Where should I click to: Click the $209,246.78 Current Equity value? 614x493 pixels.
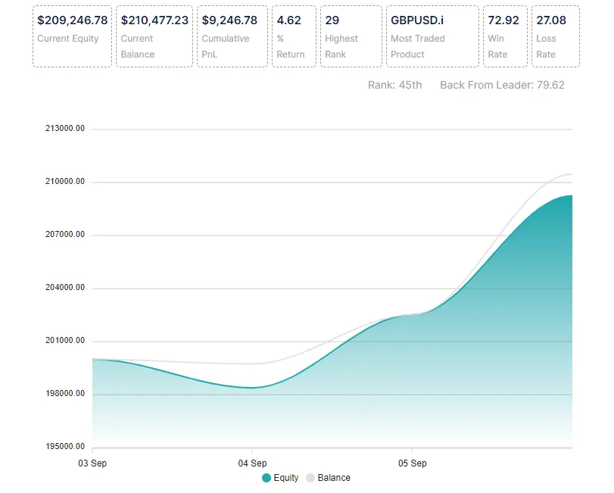pyautogui.click(x=72, y=20)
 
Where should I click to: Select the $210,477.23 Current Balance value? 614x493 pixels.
pyautogui.click(x=154, y=20)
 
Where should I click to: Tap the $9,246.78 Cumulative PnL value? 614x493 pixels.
pyautogui.click(x=229, y=20)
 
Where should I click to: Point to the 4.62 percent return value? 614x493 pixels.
pyautogui.click(x=289, y=20)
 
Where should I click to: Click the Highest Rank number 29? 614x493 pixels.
pyautogui.click(x=332, y=20)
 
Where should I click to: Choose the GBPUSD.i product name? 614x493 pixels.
pyautogui.click(x=417, y=20)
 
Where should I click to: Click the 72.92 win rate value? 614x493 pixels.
pyautogui.click(x=503, y=20)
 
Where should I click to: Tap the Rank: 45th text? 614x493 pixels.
pyautogui.click(x=394, y=85)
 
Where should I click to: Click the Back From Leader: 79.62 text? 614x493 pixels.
pyautogui.click(x=502, y=85)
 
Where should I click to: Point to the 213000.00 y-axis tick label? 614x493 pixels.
pyautogui.click(x=65, y=129)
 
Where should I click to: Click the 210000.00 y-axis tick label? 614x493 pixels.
pyautogui.click(x=65, y=182)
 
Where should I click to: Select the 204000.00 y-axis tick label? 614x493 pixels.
pyautogui.click(x=65, y=288)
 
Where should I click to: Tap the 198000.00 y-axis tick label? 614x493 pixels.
pyautogui.click(x=65, y=394)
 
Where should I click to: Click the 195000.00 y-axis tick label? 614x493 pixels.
pyautogui.click(x=65, y=447)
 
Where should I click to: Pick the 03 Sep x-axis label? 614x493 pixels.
pyautogui.click(x=92, y=463)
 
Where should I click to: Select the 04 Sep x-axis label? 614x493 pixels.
pyautogui.click(x=252, y=463)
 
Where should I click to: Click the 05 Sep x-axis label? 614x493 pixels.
pyautogui.click(x=412, y=463)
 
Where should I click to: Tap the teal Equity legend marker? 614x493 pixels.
pyautogui.click(x=266, y=478)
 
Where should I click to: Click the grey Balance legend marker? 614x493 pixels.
pyautogui.click(x=310, y=478)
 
